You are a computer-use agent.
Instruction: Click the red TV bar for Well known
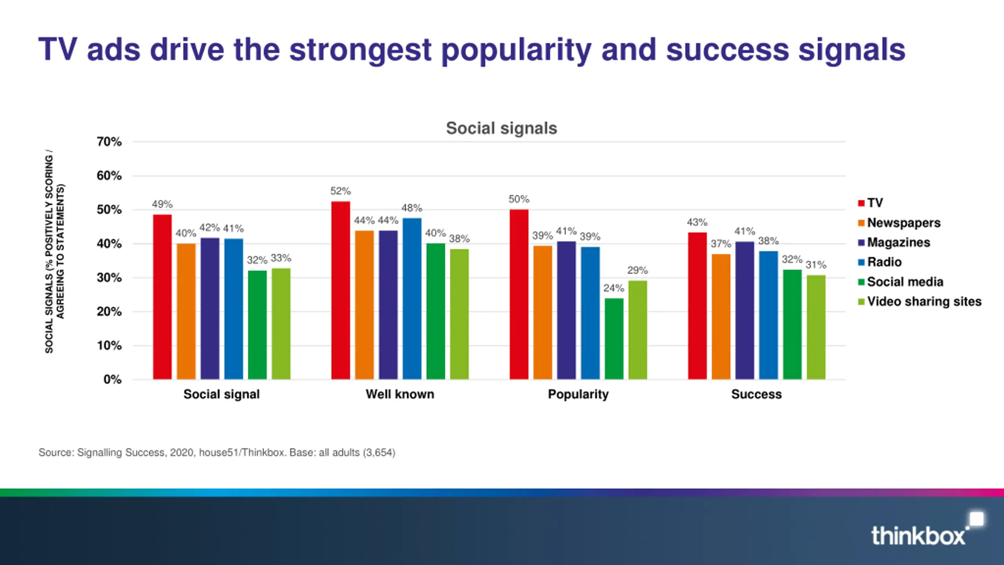click(x=340, y=290)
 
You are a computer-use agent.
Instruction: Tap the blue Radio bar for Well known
click(x=412, y=299)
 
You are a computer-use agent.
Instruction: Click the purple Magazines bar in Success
click(x=744, y=310)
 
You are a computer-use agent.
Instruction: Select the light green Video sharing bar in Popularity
click(x=638, y=330)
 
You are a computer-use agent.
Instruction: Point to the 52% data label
click(x=340, y=191)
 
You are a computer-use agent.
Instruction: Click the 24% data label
click(x=614, y=288)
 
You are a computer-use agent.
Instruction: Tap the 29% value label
click(x=637, y=270)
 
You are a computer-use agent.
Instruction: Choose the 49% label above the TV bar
click(x=162, y=204)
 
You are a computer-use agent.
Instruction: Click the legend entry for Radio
click(x=884, y=262)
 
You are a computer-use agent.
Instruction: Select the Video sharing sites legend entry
click(x=924, y=301)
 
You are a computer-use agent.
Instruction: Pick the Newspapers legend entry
click(x=903, y=222)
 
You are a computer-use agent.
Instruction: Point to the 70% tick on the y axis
click(x=109, y=142)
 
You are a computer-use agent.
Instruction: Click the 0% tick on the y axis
click(x=112, y=379)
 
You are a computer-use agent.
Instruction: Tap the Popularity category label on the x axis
click(x=578, y=394)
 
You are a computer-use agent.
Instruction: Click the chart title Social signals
click(x=501, y=128)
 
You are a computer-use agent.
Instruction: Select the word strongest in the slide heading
click(x=360, y=50)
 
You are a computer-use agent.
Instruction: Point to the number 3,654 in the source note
click(x=379, y=452)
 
